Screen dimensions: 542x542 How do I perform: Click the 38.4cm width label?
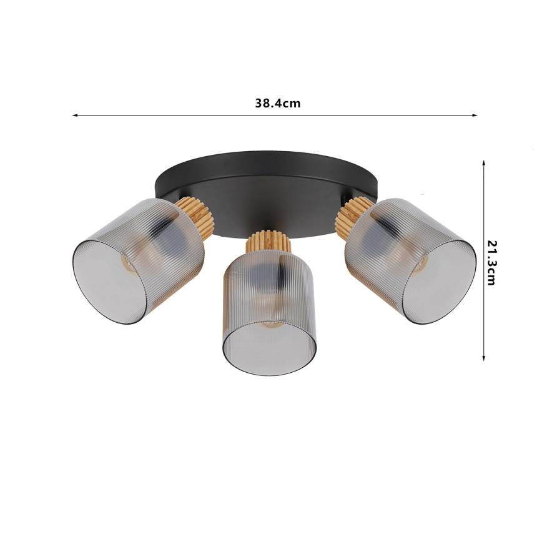point(277,104)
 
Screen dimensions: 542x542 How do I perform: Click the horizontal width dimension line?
point(187,116)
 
